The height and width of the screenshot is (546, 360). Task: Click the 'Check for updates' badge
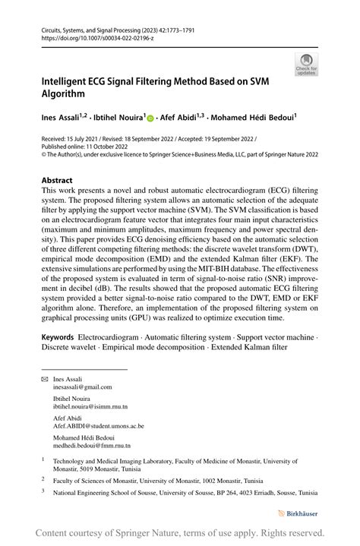[308, 65]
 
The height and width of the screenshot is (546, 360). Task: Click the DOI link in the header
[92, 36]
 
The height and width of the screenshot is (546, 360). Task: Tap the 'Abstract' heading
[62, 181]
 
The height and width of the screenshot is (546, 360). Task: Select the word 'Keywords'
[63, 336]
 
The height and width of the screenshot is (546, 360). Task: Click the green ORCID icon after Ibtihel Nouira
[150, 119]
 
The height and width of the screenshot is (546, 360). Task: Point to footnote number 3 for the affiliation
[43, 491]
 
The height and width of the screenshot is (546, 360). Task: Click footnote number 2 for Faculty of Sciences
[43, 479]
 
